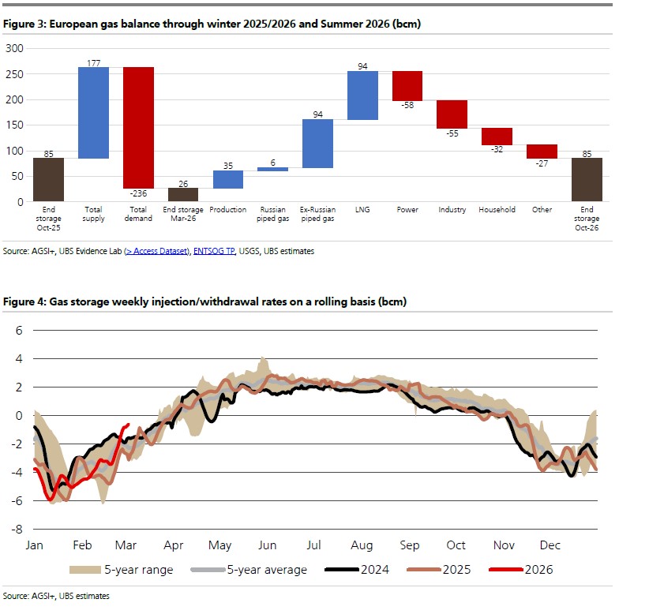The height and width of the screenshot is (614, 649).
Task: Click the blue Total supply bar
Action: click(93, 112)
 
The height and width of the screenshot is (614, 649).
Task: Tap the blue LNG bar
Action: click(362, 95)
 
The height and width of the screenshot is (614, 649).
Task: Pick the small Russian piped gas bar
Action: click(272, 169)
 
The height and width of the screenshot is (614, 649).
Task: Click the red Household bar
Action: click(497, 136)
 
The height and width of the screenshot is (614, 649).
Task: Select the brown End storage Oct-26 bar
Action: click(587, 179)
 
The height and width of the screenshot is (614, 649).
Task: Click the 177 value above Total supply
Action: click(93, 62)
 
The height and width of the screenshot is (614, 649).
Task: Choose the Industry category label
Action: click(452, 210)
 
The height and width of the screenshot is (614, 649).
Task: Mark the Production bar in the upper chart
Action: click(227, 179)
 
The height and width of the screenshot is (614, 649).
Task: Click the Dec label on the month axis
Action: click(550, 545)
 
